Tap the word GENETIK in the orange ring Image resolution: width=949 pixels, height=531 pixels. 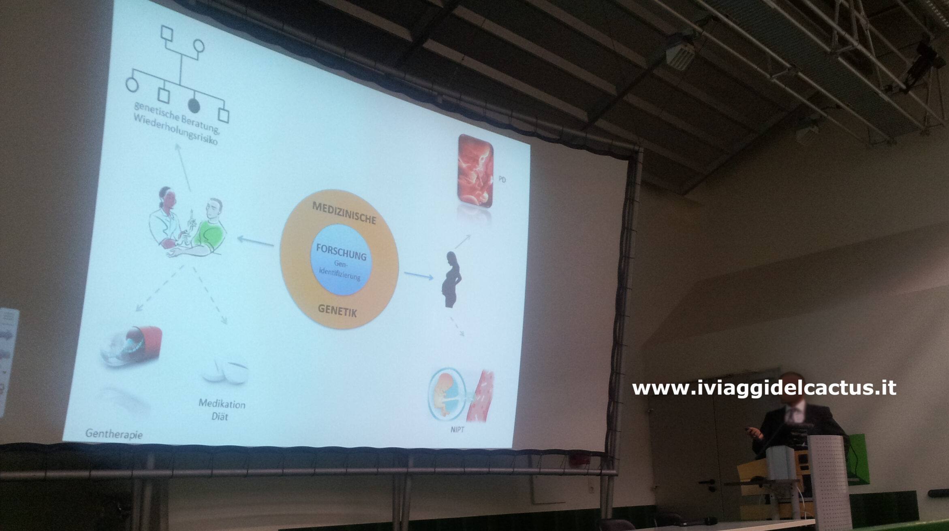point(337,310)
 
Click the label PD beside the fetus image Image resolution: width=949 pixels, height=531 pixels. point(502,180)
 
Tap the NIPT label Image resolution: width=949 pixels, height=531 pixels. point(457,430)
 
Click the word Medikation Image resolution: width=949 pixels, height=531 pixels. point(222,404)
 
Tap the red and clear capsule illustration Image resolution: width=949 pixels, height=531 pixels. point(132,346)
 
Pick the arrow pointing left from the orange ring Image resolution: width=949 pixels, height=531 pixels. point(255,241)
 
